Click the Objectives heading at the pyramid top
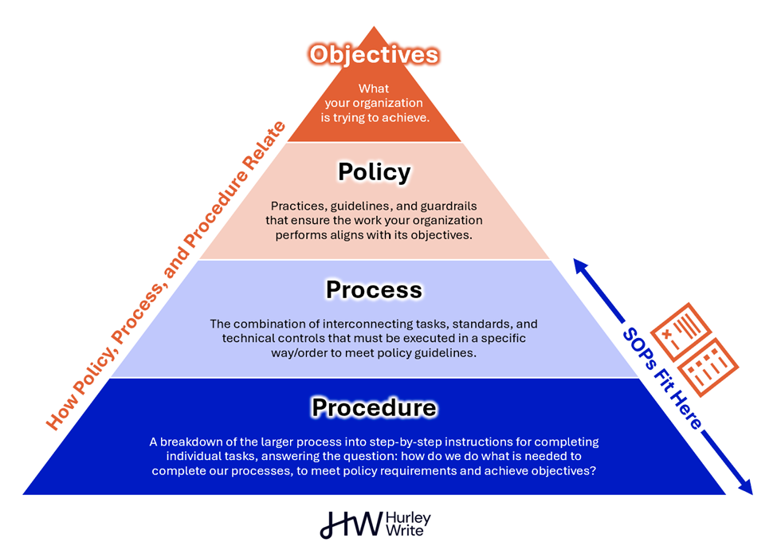[x=374, y=54]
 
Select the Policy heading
[x=374, y=171]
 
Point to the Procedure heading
[x=374, y=407]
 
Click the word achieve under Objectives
[x=408, y=117]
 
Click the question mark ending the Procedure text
[x=594, y=470]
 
